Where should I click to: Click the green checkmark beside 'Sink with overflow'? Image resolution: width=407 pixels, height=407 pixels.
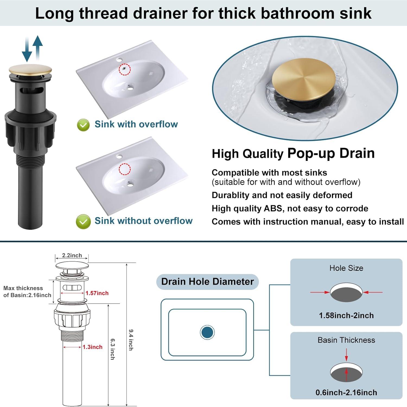[x=83, y=125]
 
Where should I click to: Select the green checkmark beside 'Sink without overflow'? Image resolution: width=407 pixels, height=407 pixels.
[x=83, y=221]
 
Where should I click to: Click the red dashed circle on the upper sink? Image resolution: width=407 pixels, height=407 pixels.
[x=125, y=69]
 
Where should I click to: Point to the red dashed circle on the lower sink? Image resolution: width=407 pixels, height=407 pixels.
[x=125, y=169]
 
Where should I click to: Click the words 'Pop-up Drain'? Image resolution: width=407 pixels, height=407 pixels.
[x=331, y=153]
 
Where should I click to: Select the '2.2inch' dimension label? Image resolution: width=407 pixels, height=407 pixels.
[x=72, y=255]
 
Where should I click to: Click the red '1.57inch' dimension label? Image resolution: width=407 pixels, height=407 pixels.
[x=97, y=293]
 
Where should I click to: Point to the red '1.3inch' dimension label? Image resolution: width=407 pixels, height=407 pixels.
[x=93, y=347]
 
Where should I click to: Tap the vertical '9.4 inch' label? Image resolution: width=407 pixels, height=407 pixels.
[x=131, y=340]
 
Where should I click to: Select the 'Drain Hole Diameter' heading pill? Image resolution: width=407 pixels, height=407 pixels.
[x=207, y=282]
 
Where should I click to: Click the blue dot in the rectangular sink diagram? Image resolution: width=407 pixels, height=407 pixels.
[x=207, y=332]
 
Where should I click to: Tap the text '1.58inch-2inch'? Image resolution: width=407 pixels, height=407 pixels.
[x=346, y=316]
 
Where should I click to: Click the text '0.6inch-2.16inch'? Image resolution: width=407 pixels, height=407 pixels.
[x=346, y=392]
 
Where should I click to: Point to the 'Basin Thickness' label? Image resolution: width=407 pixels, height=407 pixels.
[x=346, y=340]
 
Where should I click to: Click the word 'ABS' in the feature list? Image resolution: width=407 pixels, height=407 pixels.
[x=274, y=208]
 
